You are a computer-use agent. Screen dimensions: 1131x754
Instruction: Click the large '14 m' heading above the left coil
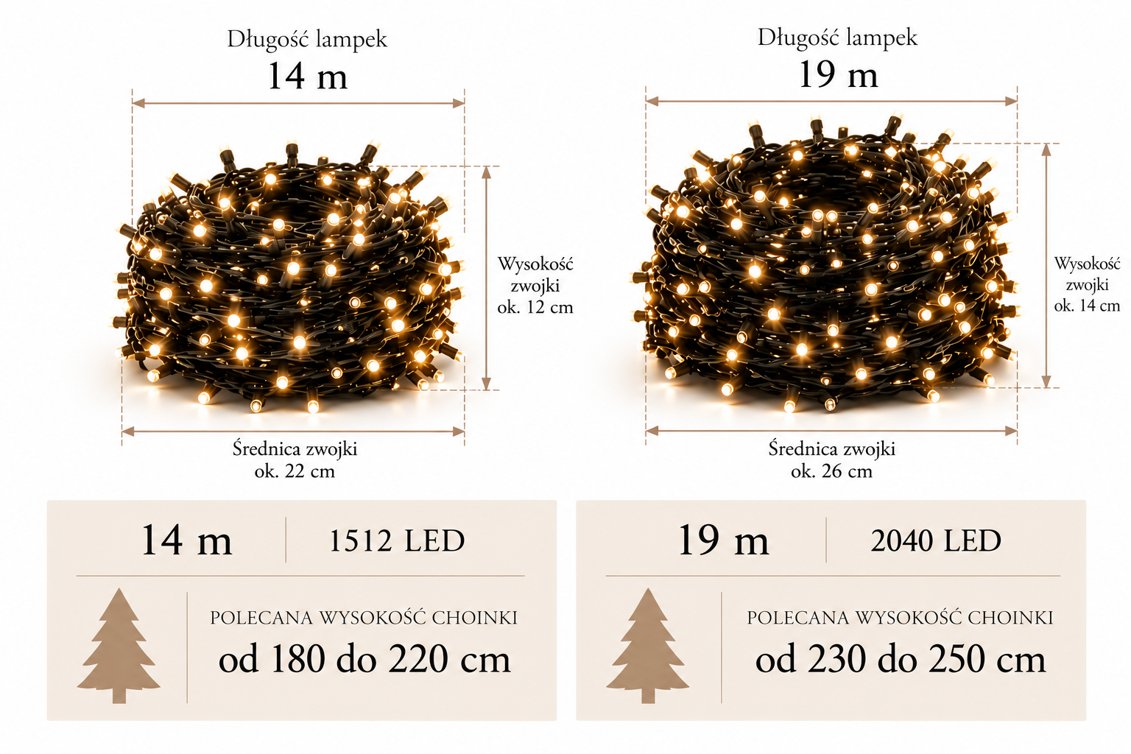pyautogui.click(x=308, y=77)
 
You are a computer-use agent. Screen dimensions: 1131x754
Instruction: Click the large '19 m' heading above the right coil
pyautogui.click(x=838, y=75)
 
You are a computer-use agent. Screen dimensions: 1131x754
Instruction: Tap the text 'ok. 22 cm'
pyautogui.click(x=295, y=471)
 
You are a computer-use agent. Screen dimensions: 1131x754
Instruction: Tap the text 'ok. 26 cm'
pyautogui.click(x=831, y=471)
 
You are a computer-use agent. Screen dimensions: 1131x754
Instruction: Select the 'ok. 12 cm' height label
pyautogui.click(x=535, y=307)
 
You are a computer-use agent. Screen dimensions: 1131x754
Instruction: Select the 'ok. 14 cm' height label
pyautogui.click(x=1087, y=306)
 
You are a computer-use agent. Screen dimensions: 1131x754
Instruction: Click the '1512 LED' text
pyautogui.click(x=397, y=541)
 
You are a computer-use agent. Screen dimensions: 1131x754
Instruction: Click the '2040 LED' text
pyautogui.click(x=936, y=541)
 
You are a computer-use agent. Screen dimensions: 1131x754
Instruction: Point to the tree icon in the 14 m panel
pyautogui.click(x=119, y=646)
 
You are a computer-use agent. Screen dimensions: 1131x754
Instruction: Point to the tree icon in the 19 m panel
pyautogui.click(x=648, y=646)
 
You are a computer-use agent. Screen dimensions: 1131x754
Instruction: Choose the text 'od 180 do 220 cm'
pyautogui.click(x=364, y=658)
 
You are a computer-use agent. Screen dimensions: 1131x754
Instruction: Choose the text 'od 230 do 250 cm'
pyautogui.click(x=901, y=658)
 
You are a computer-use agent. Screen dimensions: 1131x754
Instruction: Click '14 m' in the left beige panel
pyautogui.click(x=186, y=540)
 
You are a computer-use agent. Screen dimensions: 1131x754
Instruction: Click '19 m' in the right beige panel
pyautogui.click(x=723, y=540)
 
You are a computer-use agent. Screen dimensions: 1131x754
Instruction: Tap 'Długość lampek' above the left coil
pyautogui.click(x=307, y=39)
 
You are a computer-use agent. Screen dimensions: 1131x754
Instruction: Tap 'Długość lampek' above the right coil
pyautogui.click(x=838, y=38)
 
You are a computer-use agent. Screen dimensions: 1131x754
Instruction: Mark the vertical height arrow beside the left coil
pyautogui.click(x=486, y=278)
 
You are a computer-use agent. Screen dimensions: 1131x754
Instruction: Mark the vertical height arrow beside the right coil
pyautogui.click(x=1046, y=266)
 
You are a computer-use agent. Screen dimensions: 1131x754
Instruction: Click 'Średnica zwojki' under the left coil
pyautogui.click(x=295, y=449)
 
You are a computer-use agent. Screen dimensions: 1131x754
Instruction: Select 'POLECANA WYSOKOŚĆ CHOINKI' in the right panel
pyautogui.click(x=901, y=618)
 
